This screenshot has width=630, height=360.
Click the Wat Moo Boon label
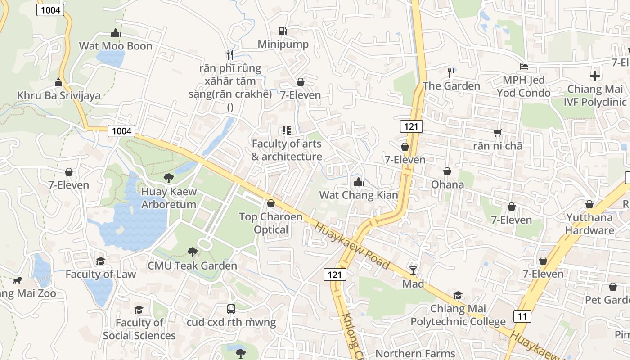(x=116, y=46)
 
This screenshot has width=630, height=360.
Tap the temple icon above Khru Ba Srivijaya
(x=58, y=83)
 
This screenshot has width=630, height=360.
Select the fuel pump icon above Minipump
(x=283, y=31)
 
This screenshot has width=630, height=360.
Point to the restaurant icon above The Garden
(x=451, y=72)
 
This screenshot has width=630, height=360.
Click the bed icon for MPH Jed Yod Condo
(x=523, y=67)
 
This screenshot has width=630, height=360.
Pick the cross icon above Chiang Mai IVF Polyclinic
(x=595, y=76)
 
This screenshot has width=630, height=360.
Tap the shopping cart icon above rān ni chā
(x=497, y=133)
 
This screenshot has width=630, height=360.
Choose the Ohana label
(x=447, y=184)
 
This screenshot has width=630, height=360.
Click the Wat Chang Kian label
(x=359, y=195)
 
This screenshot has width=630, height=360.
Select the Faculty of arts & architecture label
(x=287, y=150)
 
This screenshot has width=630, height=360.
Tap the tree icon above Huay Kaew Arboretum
(x=169, y=178)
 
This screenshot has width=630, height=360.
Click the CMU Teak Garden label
(x=192, y=265)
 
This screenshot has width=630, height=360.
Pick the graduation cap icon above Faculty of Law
(x=100, y=261)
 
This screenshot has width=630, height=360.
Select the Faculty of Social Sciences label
(x=139, y=329)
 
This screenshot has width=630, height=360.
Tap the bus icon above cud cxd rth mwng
(x=231, y=309)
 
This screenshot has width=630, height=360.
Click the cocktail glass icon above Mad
(x=413, y=270)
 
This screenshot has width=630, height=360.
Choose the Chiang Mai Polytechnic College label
(x=458, y=315)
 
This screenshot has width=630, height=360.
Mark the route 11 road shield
(x=522, y=316)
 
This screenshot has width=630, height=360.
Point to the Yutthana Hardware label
(x=589, y=224)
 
